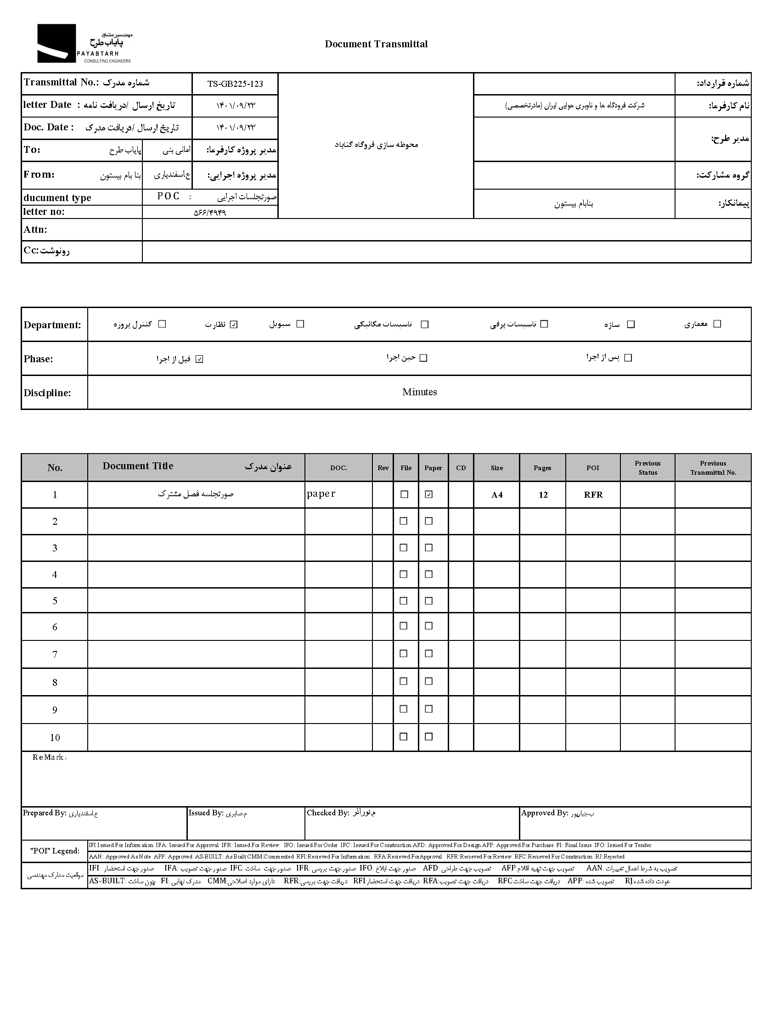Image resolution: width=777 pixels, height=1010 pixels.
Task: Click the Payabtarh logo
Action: [84, 44]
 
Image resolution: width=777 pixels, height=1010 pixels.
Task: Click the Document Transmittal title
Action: [376, 44]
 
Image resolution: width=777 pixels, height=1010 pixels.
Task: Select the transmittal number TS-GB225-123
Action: [235, 84]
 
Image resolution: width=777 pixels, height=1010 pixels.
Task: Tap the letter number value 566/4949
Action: [210, 213]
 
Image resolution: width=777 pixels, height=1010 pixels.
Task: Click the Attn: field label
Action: [35, 230]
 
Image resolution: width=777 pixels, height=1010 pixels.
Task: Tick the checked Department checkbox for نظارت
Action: [234, 325]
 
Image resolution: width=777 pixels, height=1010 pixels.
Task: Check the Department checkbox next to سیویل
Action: [300, 324]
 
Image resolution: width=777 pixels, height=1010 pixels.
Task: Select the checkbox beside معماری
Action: [717, 324]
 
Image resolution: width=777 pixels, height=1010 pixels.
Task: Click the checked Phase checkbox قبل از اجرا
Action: [199, 359]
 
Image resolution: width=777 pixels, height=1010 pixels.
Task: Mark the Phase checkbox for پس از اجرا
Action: [628, 358]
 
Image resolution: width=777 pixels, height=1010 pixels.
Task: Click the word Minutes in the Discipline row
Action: [419, 392]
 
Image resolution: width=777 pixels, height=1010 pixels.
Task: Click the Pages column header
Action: [542, 468]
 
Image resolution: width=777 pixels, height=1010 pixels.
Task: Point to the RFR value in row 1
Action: [593, 495]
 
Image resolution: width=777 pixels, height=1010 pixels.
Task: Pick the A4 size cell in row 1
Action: [497, 495]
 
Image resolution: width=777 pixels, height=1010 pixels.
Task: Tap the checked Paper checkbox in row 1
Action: [429, 494]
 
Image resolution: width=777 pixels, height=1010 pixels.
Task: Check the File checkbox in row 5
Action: [404, 601]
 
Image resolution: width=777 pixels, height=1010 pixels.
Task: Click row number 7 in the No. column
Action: [55, 655]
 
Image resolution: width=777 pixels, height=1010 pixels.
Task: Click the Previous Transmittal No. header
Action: [713, 468]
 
